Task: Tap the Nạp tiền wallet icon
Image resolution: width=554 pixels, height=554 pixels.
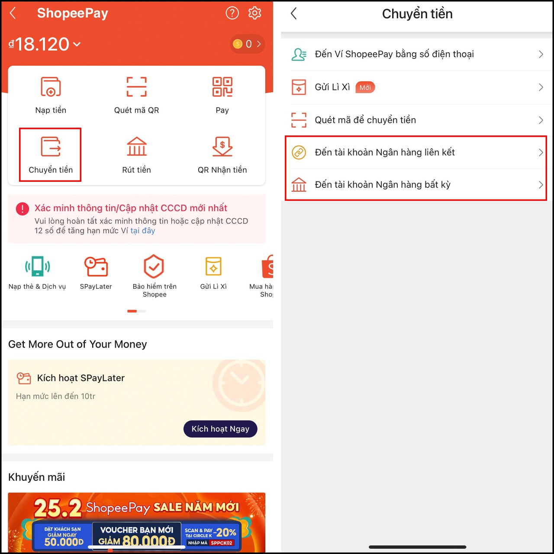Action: tap(51, 87)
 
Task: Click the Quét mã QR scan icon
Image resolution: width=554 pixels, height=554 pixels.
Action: tap(136, 87)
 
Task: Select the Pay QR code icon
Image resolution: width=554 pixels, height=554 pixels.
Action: tap(222, 87)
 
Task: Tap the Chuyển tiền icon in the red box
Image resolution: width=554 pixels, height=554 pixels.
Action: tap(51, 146)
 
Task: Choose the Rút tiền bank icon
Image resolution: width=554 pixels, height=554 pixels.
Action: tap(136, 146)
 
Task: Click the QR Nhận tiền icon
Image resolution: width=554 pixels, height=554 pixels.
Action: tap(222, 146)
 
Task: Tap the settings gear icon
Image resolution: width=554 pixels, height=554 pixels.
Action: tap(254, 13)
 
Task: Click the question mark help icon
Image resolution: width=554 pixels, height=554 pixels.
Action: tap(232, 13)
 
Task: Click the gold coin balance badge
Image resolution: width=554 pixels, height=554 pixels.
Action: tap(247, 44)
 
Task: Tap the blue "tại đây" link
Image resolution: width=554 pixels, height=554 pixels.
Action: tap(142, 231)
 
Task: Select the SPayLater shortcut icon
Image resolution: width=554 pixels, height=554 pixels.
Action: tap(96, 267)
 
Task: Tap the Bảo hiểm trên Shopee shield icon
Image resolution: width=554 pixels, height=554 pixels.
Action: tap(154, 267)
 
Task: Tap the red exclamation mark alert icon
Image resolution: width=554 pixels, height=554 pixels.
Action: tap(23, 209)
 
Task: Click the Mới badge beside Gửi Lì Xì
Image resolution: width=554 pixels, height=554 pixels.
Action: tap(365, 87)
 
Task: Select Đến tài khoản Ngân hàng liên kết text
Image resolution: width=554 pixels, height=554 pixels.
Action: tap(385, 152)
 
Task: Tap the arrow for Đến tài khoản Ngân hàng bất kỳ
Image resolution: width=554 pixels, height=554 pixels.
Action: tap(541, 185)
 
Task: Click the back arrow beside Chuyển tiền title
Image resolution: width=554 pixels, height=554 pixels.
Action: tap(294, 14)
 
